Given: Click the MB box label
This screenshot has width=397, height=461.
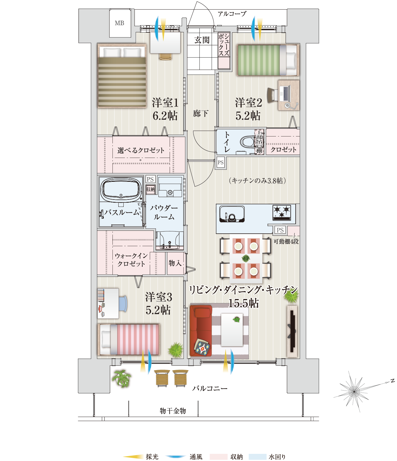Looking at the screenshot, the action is (x=119, y=23).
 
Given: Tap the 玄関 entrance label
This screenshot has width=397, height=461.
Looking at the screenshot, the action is (x=202, y=40).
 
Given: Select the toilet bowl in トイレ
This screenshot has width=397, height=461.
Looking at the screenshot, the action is (x=247, y=142).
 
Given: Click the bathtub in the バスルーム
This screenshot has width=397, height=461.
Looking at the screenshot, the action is (x=121, y=190).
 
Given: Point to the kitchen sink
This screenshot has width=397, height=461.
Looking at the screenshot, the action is (x=232, y=214).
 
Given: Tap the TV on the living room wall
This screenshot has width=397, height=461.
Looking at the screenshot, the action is (x=292, y=331).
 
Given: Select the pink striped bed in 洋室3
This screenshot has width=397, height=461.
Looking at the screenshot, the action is (x=129, y=339).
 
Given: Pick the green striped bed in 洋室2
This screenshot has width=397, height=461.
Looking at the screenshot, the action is (x=268, y=60).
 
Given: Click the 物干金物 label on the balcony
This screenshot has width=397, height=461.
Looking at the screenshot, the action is (x=173, y=411).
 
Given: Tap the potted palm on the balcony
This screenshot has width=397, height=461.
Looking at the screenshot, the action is (x=121, y=378).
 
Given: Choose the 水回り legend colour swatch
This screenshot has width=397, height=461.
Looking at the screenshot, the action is (x=258, y=457).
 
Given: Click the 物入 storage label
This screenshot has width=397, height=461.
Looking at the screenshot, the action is (x=175, y=263).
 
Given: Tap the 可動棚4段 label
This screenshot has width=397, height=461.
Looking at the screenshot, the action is (x=286, y=241).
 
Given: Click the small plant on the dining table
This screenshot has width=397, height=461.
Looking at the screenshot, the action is (x=246, y=258).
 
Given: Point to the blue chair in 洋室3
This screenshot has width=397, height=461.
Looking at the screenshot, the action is (x=123, y=303).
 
